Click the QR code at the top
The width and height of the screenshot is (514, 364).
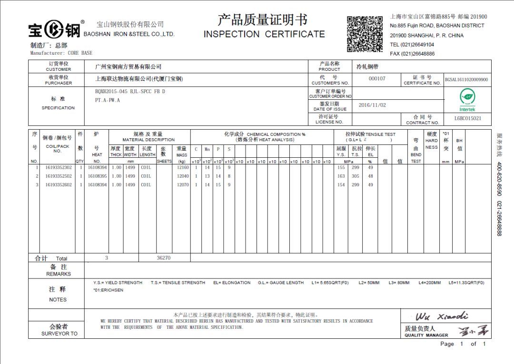(365, 34)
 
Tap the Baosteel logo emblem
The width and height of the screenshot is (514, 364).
(54, 30)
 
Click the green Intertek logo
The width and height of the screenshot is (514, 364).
(466, 99)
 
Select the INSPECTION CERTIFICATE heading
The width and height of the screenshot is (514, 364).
(264, 34)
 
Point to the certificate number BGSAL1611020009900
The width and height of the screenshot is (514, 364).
(466, 80)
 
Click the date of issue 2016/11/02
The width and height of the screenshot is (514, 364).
(372, 105)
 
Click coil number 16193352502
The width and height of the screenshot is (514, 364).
(59, 176)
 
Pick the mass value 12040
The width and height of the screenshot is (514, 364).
(183, 176)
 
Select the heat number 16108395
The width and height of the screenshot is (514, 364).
(97, 176)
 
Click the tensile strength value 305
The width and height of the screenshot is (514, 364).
(356, 176)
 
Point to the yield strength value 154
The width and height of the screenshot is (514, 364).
(341, 185)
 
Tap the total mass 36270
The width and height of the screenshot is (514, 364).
(163, 258)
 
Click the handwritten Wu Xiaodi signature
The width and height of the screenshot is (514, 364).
(442, 316)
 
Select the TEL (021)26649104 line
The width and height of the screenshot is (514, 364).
(412, 45)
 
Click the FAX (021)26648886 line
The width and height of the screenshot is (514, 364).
(412, 54)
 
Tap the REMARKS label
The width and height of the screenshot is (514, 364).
(59, 274)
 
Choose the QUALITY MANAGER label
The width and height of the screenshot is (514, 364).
(426, 335)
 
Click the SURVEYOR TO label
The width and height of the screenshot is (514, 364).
(59, 334)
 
